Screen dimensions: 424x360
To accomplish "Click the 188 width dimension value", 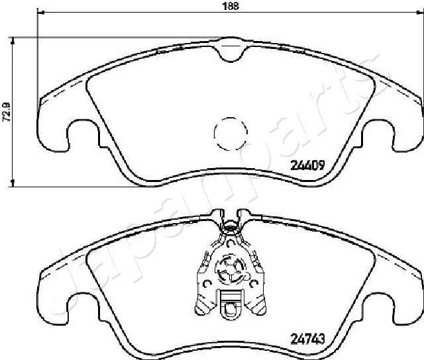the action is (231, 6).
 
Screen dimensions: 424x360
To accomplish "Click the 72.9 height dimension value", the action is (6, 111).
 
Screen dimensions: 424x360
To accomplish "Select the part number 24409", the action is (307, 165).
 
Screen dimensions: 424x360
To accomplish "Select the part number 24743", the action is (307, 339).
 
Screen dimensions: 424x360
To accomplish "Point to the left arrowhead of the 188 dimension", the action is (40, 12).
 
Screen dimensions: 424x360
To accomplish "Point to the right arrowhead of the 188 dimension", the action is (420, 12).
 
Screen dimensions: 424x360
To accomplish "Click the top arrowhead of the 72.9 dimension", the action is (12, 41).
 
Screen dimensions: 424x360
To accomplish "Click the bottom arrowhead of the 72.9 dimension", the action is (12, 183).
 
